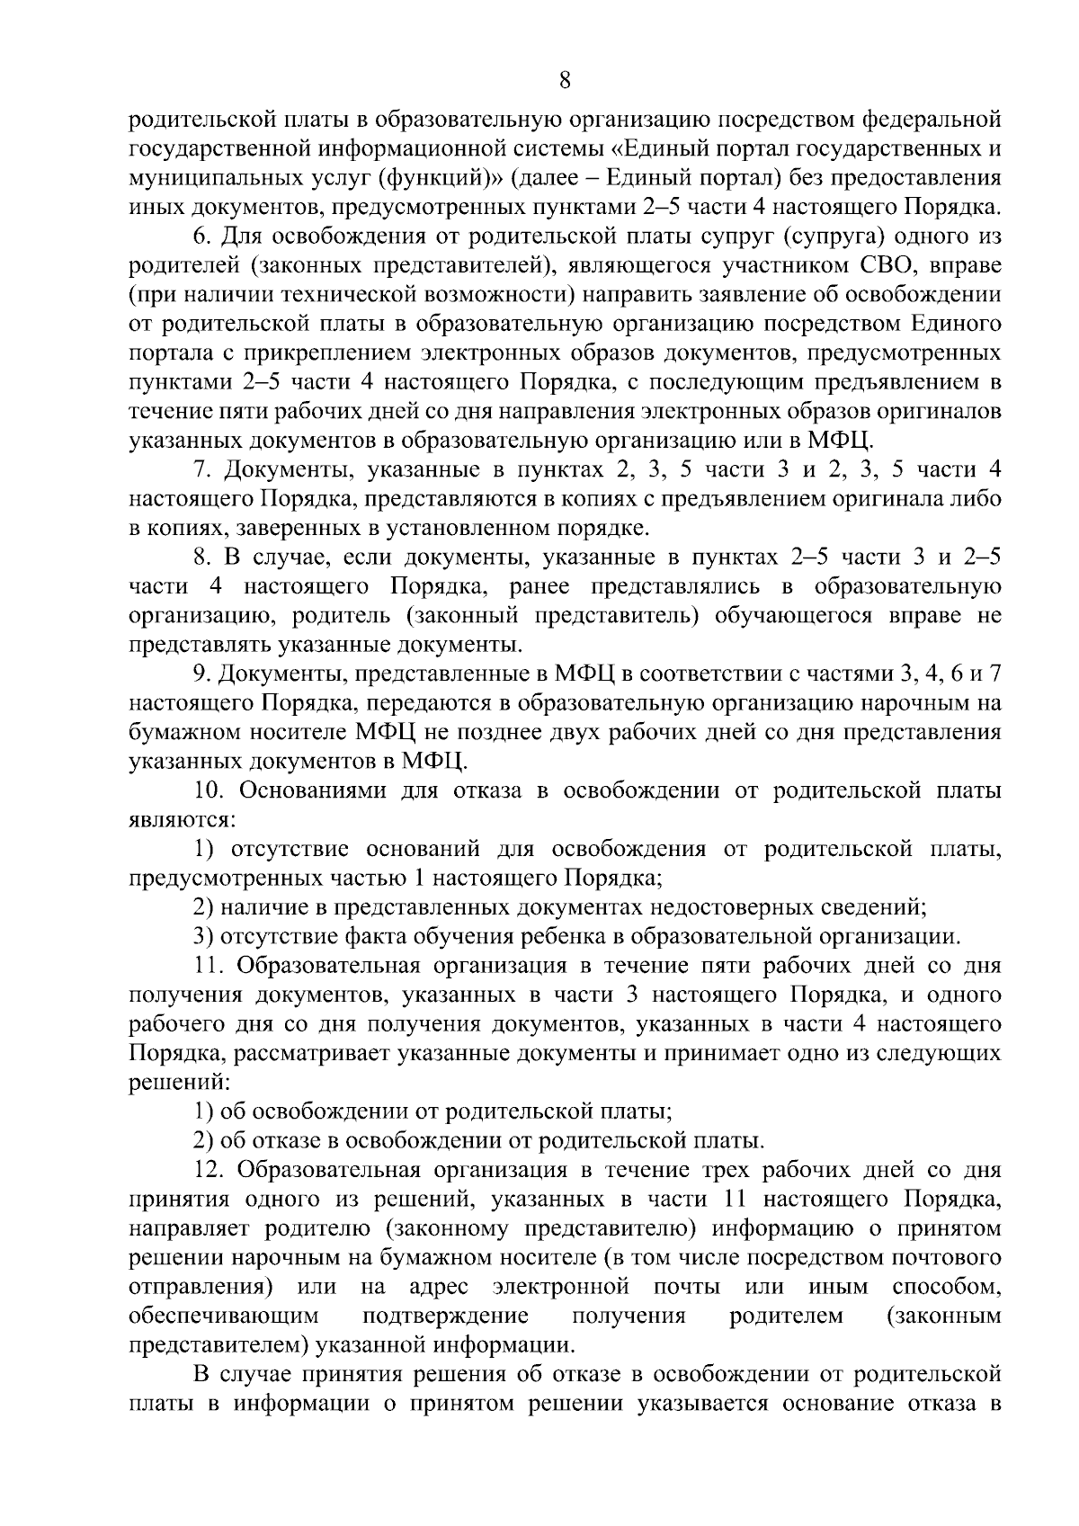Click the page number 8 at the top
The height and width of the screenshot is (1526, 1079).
565,80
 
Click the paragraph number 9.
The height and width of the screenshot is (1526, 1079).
201,674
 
